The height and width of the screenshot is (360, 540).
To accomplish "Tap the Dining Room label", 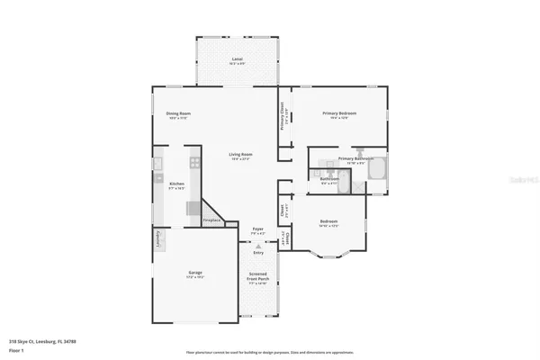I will click(177, 114).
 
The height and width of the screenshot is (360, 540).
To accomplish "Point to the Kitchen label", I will click(176, 184).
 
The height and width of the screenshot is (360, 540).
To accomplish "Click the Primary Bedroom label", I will click(341, 114).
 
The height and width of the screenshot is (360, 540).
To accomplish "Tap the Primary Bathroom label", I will click(355, 159).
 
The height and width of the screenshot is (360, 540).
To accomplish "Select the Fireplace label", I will click(212, 219).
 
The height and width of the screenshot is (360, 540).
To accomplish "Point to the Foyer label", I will click(257, 230).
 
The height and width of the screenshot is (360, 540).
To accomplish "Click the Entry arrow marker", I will click(258, 246).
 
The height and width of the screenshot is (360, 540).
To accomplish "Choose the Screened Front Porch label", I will click(258, 278).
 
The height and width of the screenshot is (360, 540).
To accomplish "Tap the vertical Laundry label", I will click(157, 241).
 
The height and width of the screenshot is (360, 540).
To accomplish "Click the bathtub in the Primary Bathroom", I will click(378, 168).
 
